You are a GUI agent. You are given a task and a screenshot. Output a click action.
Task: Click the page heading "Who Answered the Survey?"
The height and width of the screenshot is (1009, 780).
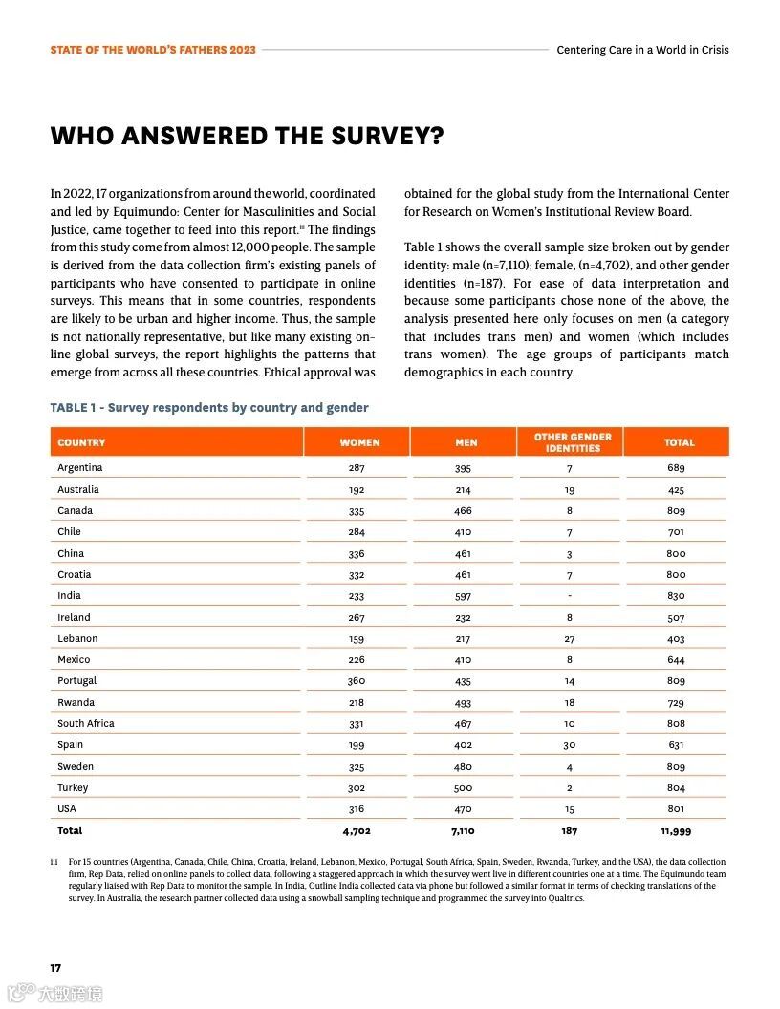tap(247, 136)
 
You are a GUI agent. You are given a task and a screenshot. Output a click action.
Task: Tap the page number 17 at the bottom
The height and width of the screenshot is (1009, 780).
tap(56, 968)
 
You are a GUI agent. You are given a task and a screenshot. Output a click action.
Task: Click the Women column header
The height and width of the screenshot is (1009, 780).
tap(359, 442)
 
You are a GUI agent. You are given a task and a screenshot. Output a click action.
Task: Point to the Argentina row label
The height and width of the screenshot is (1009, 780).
tap(79, 468)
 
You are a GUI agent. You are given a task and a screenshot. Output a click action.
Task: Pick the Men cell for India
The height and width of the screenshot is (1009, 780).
tap(463, 596)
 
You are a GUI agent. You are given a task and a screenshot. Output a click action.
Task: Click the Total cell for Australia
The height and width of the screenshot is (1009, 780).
tap(676, 490)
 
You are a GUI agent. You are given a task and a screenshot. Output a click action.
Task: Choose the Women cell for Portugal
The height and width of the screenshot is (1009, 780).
tap(357, 681)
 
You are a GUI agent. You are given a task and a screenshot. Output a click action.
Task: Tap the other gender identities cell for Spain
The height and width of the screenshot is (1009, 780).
tap(570, 745)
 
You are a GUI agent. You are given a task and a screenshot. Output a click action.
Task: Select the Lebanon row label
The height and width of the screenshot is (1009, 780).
tap(77, 638)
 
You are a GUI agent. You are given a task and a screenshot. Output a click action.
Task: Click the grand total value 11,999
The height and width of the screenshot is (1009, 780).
tap(676, 831)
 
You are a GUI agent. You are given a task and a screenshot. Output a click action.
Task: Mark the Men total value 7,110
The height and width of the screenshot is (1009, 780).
tap(463, 831)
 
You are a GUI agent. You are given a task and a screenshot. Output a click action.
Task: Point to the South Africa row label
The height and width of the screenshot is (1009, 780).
tap(85, 723)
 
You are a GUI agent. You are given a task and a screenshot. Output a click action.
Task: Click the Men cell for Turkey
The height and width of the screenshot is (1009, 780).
tap(463, 788)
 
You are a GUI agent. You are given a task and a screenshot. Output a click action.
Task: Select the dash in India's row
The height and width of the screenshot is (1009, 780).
tap(570, 596)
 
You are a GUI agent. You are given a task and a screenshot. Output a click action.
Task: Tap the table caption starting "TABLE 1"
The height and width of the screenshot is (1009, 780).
tap(209, 408)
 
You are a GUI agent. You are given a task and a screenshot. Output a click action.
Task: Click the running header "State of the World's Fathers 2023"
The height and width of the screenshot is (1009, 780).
tap(153, 50)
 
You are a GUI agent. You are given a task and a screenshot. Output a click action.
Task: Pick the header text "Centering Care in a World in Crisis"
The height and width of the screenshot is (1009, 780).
tap(642, 50)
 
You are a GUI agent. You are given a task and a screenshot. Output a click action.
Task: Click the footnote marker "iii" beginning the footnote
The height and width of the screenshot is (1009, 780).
tap(54, 862)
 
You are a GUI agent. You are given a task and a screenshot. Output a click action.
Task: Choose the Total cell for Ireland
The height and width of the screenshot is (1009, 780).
tap(676, 618)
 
